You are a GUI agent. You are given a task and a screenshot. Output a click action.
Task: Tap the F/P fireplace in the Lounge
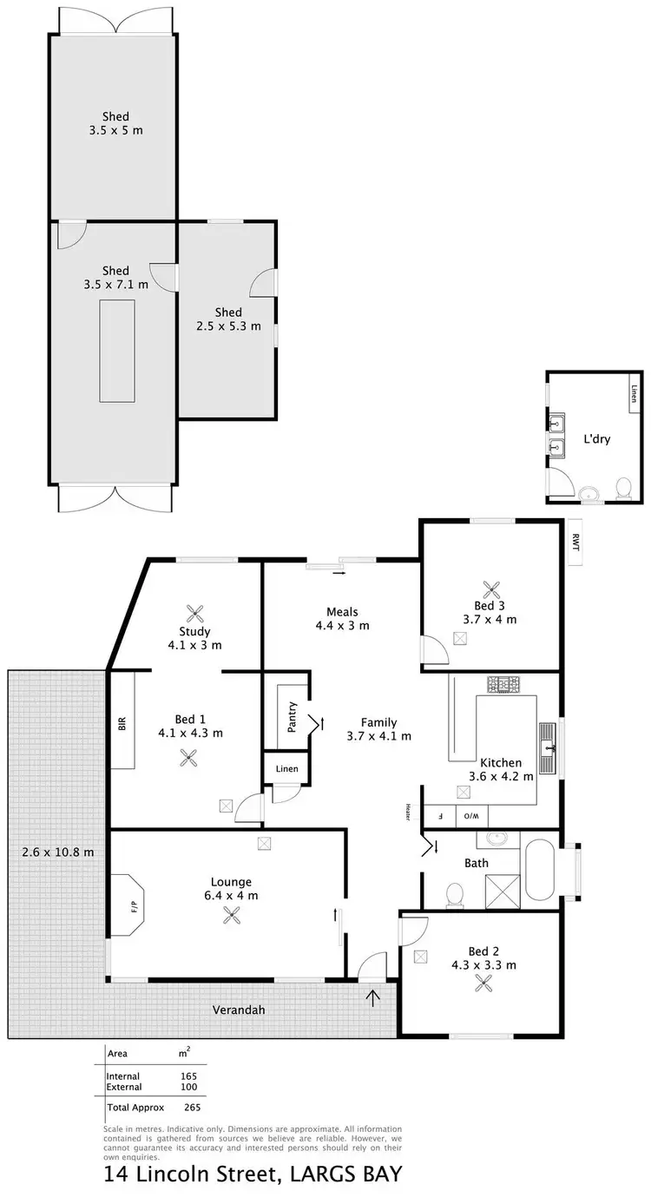[133, 905]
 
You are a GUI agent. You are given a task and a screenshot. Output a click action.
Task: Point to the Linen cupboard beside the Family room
[286, 769]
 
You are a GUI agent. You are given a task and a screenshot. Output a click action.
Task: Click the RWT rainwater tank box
[574, 542]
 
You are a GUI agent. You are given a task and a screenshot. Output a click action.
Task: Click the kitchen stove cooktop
[502, 685]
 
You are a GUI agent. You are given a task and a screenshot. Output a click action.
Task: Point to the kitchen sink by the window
[548, 747]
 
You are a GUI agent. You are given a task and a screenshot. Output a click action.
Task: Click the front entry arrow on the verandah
[373, 998]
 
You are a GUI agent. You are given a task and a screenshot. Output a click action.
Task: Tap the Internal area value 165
[189, 1076]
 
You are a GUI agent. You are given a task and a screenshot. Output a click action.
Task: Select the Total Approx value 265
[192, 1107]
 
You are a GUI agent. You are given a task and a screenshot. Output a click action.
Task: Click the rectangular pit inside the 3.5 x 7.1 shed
[116, 350]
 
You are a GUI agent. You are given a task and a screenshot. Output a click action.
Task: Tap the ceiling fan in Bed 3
[490, 589]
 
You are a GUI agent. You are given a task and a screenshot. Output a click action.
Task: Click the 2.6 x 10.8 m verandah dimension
[57, 852]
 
